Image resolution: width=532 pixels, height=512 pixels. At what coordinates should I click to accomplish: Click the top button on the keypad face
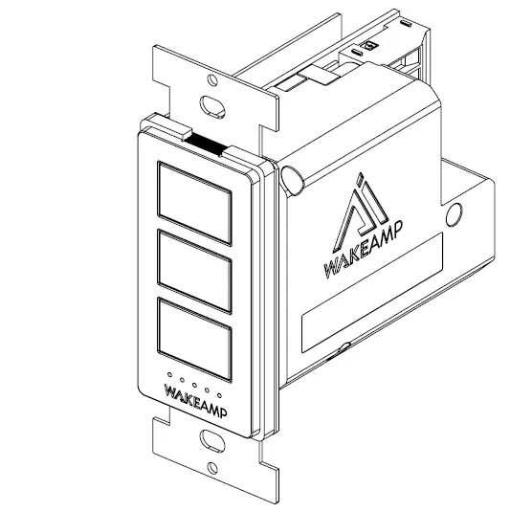click(195, 194)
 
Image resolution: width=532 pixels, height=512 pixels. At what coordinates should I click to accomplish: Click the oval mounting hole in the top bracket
click(209, 101)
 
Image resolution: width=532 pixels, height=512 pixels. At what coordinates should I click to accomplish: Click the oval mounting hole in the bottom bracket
click(208, 439)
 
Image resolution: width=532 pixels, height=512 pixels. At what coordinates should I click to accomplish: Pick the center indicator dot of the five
click(193, 384)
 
